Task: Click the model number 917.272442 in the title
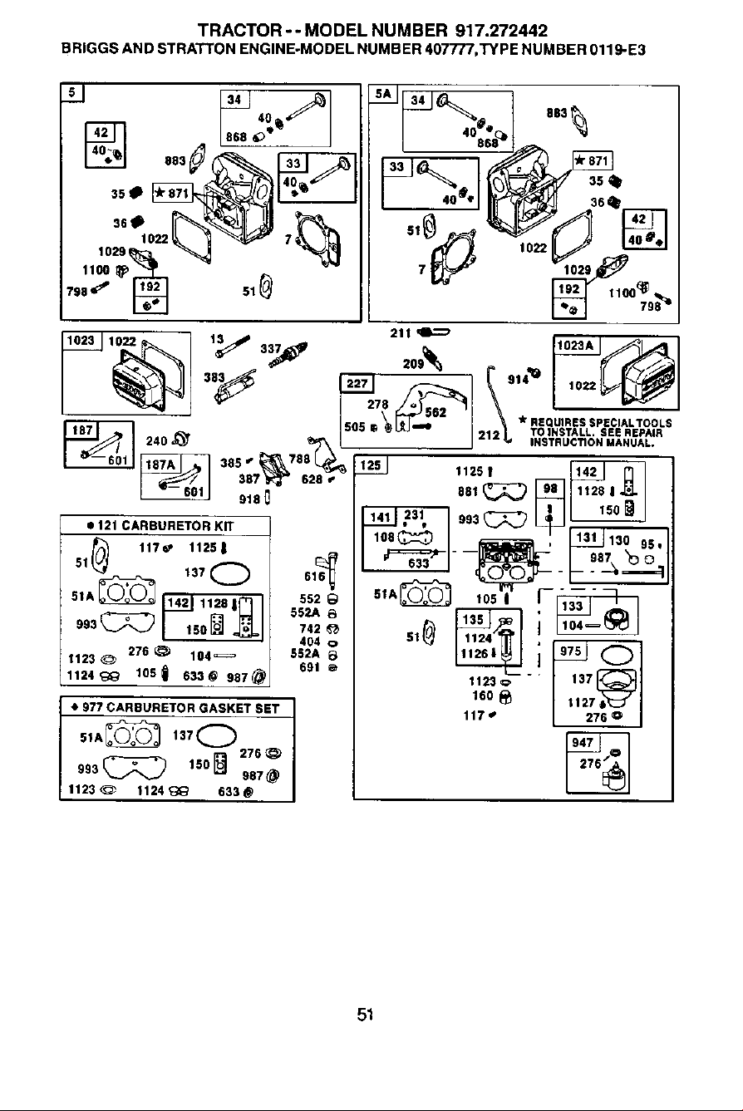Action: (501, 31)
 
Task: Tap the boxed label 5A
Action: (383, 94)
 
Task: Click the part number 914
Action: (518, 380)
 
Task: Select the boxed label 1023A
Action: (576, 345)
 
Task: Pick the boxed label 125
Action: (371, 465)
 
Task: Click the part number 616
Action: (314, 577)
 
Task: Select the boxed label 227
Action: (357, 383)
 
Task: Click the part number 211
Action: (401, 333)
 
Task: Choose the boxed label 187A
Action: (160, 465)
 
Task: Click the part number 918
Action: (249, 499)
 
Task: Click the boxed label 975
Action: (570, 651)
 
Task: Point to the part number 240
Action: (156, 441)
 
